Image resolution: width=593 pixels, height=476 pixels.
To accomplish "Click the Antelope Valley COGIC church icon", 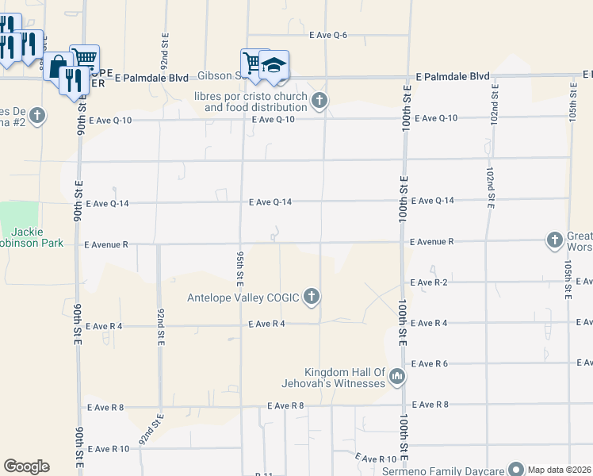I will (312, 297).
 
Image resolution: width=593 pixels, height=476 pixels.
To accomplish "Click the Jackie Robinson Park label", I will (32, 237).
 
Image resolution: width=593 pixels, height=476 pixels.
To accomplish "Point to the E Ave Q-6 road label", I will (328, 35).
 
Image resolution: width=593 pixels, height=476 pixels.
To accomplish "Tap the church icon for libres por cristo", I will (319, 100).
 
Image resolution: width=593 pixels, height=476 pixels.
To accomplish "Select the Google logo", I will (26, 466).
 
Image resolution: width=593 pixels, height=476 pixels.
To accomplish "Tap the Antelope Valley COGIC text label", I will (243, 297).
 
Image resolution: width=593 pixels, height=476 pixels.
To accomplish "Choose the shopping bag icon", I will (58, 67).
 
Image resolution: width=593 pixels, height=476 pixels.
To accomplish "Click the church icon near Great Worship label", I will (554, 240).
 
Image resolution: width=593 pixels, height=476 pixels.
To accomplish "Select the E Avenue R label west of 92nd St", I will (105, 245).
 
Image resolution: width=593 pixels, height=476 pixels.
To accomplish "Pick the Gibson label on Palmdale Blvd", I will (218, 76).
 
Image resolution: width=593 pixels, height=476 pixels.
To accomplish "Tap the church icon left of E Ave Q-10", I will (36, 116).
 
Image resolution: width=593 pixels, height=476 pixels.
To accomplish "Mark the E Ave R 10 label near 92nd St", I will (108, 449).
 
